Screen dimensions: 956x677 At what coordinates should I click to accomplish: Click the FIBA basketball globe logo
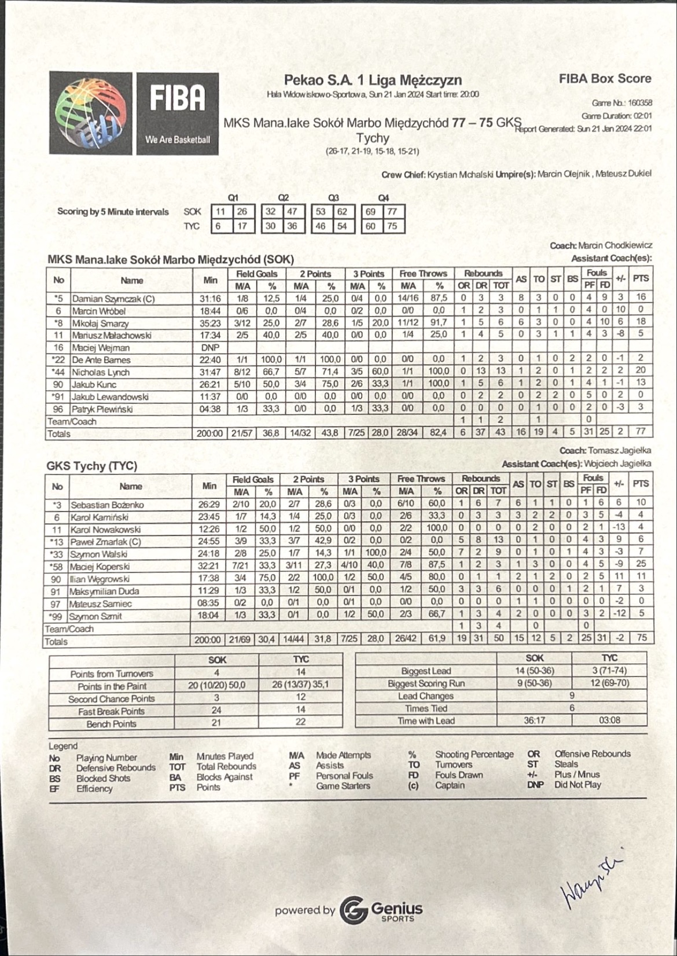91,113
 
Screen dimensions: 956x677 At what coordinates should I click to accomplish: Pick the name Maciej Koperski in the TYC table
100,567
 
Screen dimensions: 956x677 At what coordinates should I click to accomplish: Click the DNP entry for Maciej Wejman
210,348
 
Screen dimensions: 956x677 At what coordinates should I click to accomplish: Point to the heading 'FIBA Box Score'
605,79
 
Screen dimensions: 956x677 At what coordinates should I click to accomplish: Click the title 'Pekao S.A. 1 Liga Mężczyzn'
373,80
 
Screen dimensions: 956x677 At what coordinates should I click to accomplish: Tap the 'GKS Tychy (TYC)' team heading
91,466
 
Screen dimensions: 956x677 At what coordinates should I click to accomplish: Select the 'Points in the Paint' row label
112,686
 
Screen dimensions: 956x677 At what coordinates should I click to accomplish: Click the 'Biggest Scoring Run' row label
425,683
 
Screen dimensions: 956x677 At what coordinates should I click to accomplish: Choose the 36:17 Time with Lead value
533,721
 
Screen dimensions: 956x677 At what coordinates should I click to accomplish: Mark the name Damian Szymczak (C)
113,299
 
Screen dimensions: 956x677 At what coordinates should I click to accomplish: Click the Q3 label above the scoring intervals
333,198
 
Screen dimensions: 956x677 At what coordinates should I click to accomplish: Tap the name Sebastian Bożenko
107,505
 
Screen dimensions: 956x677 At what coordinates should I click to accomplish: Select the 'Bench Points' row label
111,724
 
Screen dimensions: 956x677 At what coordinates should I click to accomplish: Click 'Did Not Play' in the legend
577,785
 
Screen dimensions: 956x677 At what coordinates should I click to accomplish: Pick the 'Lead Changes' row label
425,696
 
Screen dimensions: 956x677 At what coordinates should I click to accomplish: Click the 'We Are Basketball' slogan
178,139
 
